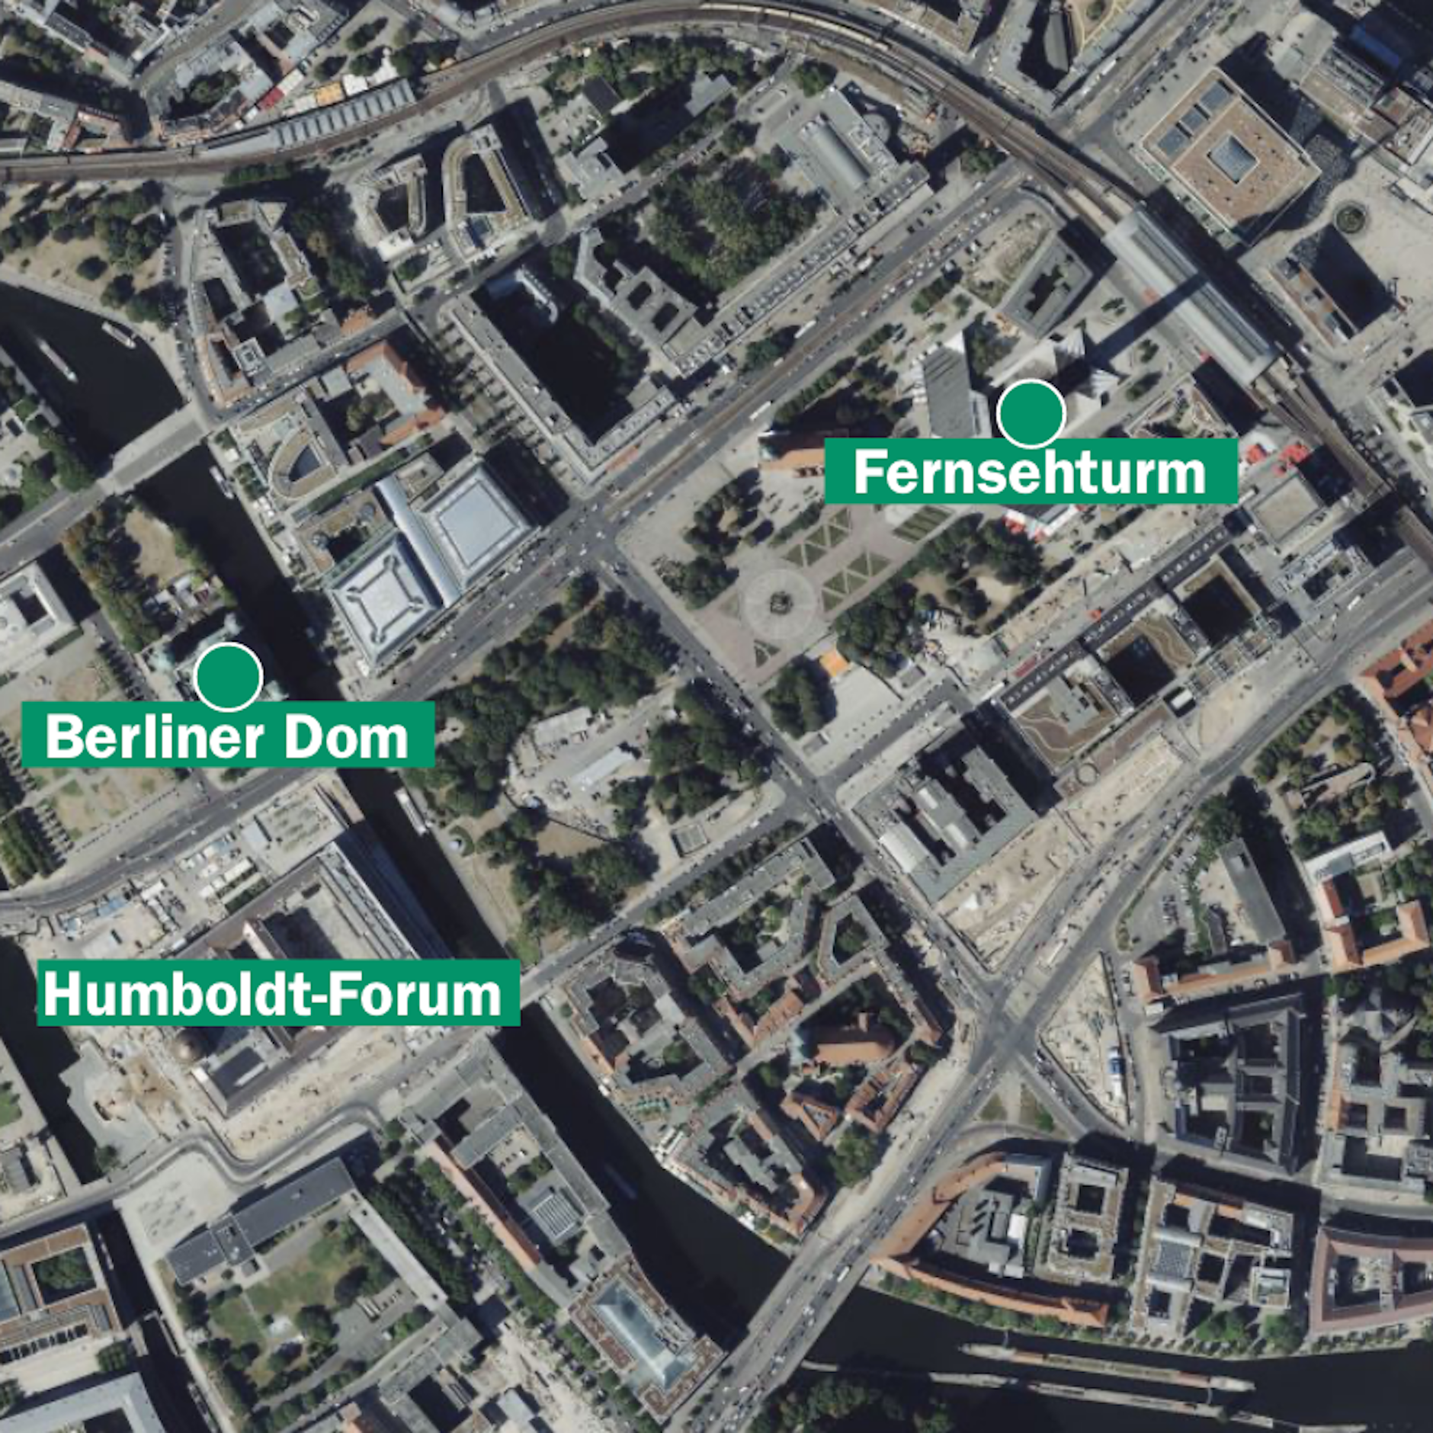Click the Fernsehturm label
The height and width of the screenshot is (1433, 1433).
[1031, 472]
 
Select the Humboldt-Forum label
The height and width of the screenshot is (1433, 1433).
[278, 993]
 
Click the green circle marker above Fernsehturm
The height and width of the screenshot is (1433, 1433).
[1031, 412]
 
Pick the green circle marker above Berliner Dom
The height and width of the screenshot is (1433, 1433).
[228, 676]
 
